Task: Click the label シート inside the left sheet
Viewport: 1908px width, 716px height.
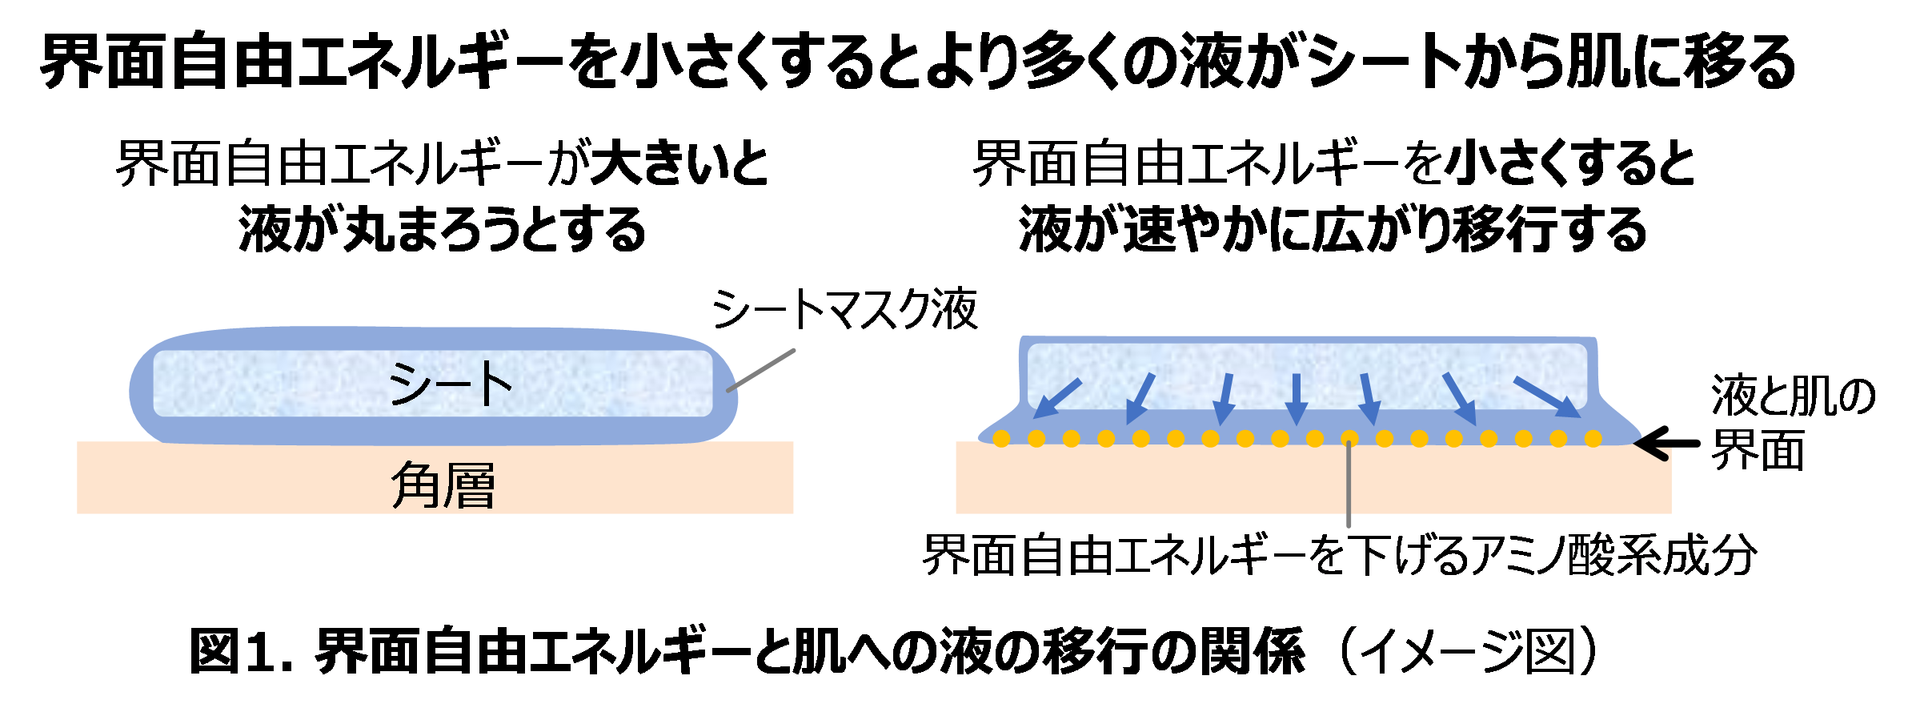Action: pyautogui.click(x=450, y=384)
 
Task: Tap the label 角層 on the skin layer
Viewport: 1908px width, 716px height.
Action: pyautogui.click(x=443, y=485)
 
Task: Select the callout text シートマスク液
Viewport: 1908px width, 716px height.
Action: pyautogui.click(x=844, y=310)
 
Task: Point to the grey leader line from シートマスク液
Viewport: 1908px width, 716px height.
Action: pyautogui.click(x=760, y=370)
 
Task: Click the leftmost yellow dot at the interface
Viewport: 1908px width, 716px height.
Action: pyautogui.click(x=1000, y=438)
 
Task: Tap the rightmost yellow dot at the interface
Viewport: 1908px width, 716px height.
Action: pyautogui.click(x=1593, y=438)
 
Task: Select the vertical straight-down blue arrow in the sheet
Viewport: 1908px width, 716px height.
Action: pyautogui.click(x=1296, y=398)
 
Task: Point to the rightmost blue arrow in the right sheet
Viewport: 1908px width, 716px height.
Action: pyautogui.click(x=1546, y=397)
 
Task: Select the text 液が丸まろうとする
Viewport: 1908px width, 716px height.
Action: pyautogui.click(x=442, y=230)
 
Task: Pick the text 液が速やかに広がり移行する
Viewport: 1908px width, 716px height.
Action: pyautogui.click(x=1333, y=230)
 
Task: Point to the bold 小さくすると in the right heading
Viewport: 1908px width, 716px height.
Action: pyautogui.click(x=1570, y=164)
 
